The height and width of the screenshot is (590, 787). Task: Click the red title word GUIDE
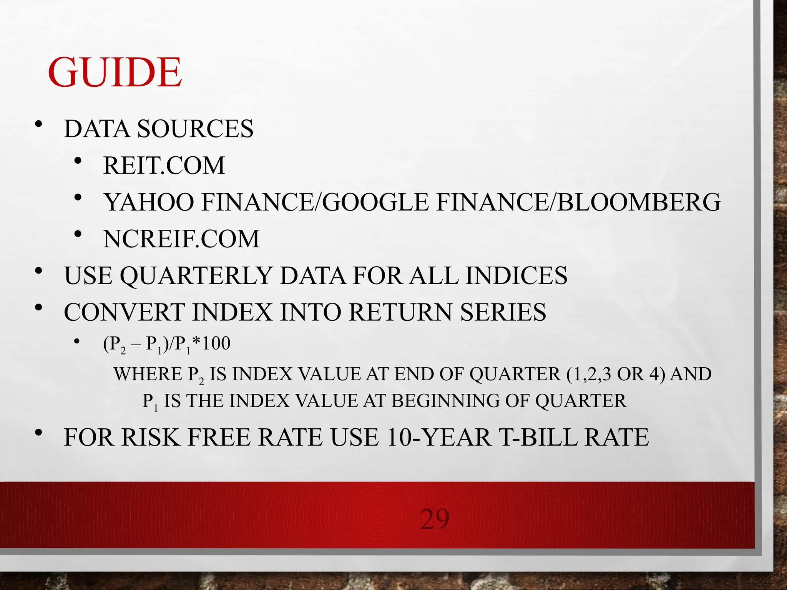click(x=115, y=73)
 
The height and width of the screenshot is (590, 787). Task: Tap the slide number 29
click(x=435, y=519)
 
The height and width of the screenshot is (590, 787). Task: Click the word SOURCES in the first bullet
click(x=195, y=129)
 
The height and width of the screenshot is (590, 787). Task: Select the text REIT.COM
click(x=164, y=166)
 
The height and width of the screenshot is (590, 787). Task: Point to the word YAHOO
click(x=149, y=202)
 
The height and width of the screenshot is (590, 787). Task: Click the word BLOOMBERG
click(x=638, y=202)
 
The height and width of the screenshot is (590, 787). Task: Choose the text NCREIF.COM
click(x=181, y=239)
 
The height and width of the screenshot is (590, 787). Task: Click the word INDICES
click(x=516, y=276)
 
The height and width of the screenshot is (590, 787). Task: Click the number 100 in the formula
click(x=216, y=343)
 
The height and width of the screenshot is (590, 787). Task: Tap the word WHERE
click(x=148, y=374)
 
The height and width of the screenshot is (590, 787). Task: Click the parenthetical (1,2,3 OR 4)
click(x=615, y=374)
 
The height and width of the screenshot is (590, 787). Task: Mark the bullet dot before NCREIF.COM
click(x=78, y=234)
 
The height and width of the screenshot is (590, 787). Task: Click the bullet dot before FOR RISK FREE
click(x=38, y=433)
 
